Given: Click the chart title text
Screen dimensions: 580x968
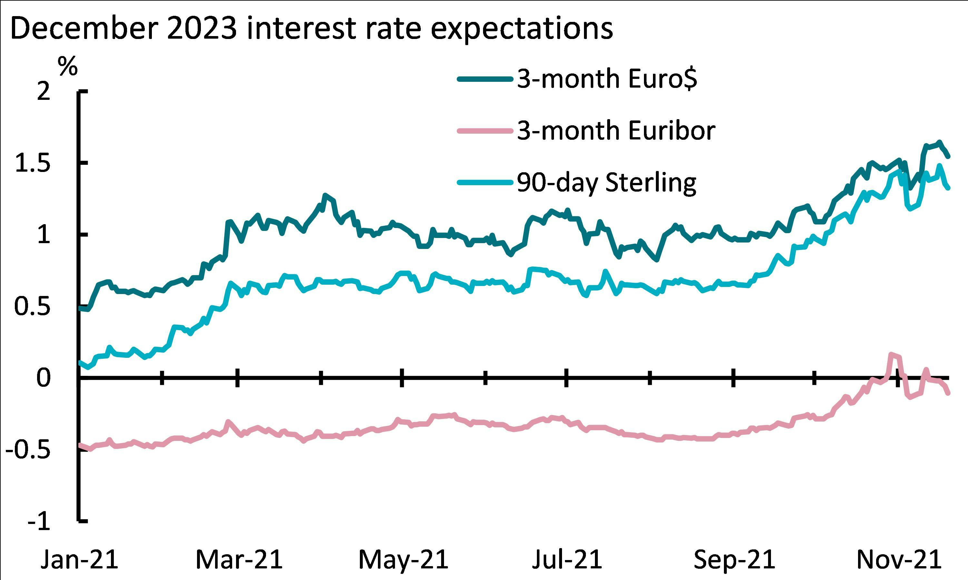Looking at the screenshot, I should (311, 28).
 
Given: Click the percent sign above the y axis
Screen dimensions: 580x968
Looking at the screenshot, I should (68, 66).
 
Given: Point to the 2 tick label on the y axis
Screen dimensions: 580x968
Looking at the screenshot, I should (44, 92).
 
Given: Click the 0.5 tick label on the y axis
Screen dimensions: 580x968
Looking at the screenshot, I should (33, 307).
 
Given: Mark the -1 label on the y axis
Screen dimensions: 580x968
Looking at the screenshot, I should (39, 522).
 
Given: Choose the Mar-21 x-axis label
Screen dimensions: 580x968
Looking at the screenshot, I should (239, 560).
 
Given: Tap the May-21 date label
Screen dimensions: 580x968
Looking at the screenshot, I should (403, 560).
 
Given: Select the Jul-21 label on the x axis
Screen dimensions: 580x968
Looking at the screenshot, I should (567, 560).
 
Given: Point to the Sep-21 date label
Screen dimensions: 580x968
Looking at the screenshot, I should (734, 560).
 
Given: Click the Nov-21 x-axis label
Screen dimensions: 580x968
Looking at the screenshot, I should (898, 560).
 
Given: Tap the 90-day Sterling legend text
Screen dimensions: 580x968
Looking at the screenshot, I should (607, 183).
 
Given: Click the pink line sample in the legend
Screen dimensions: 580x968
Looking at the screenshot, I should (485, 131).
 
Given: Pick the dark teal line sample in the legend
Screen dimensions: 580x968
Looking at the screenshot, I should (485, 79).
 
